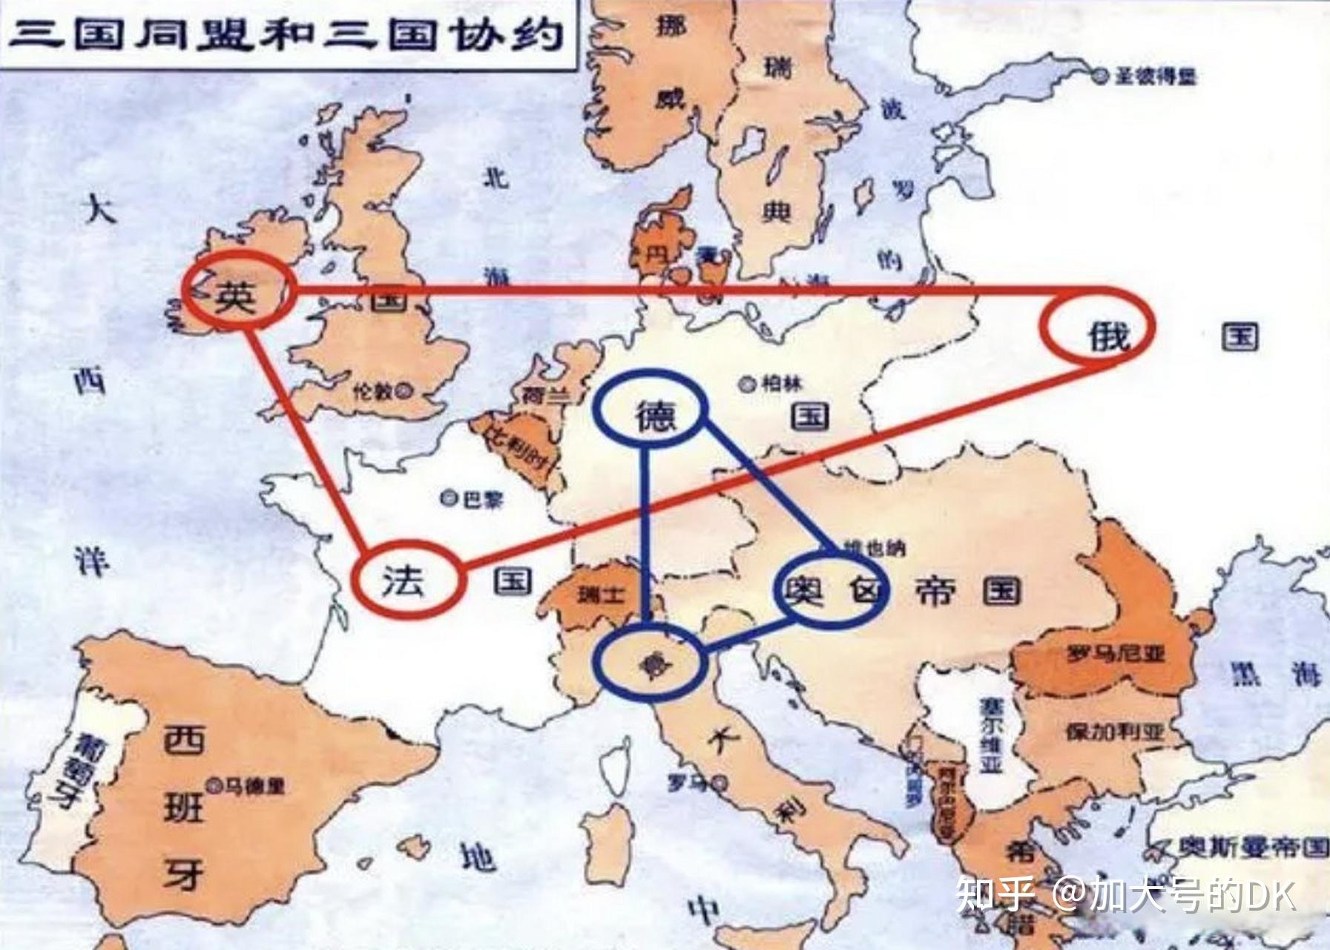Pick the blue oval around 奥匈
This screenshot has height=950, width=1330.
pos(829,591)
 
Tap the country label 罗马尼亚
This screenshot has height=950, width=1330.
pos(1116,654)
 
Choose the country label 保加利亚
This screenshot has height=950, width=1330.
pos(1115,732)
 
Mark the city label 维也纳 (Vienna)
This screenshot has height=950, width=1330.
pos(874,549)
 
